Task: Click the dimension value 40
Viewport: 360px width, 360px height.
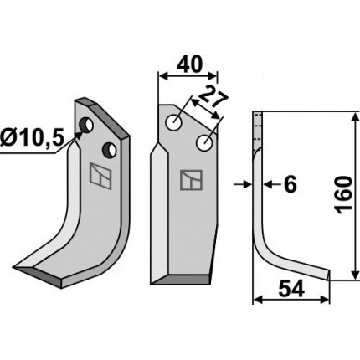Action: pyautogui.click(x=189, y=64)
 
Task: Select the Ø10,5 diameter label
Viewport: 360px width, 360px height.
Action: pyautogui.click(x=33, y=137)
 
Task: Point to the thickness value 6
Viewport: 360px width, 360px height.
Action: pyautogui.click(x=291, y=184)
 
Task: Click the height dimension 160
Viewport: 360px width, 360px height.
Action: pyautogui.click(x=343, y=195)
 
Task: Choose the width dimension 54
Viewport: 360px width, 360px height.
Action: pyautogui.click(x=291, y=289)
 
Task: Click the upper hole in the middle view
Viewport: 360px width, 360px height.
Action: pyautogui.click(x=174, y=122)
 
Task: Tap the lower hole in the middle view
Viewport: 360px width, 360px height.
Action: pyautogui.click(x=205, y=143)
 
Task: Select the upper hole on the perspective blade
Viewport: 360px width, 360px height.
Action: pyautogui.click(x=86, y=126)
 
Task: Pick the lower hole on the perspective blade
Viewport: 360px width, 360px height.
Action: pyautogui.click(x=109, y=149)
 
